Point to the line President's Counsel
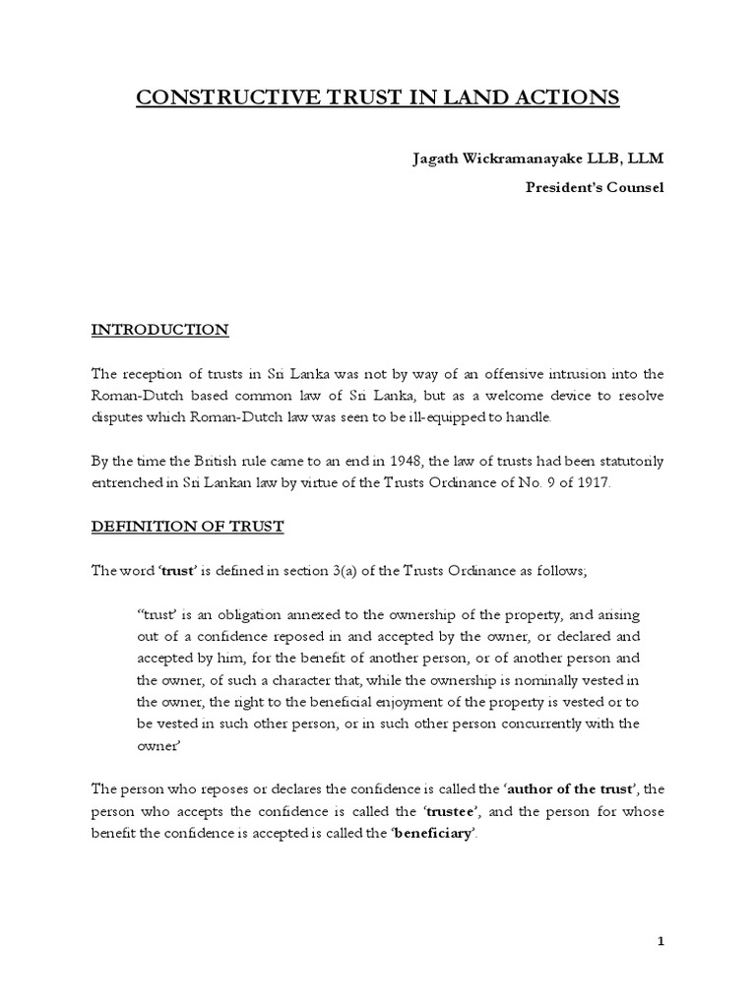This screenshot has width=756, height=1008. (x=594, y=187)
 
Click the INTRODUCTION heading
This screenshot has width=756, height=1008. (x=159, y=330)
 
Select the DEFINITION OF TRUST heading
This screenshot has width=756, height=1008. (x=187, y=527)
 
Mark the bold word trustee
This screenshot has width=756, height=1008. (x=452, y=811)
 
